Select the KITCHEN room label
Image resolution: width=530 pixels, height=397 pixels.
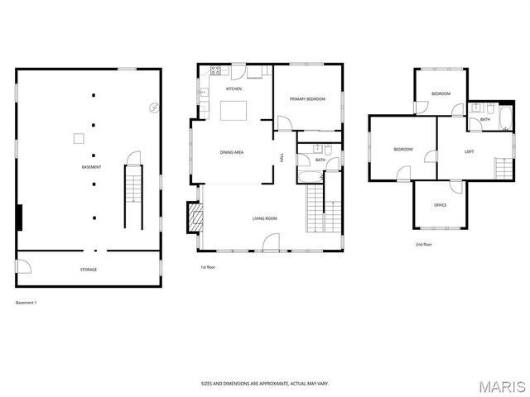(x=234, y=88)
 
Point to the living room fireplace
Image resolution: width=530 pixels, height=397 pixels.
(x=195, y=218)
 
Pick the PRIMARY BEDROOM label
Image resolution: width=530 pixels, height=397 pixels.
(x=307, y=99)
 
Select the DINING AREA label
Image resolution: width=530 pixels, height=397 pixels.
(x=231, y=152)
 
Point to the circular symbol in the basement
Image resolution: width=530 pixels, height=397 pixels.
(x=152, y=107)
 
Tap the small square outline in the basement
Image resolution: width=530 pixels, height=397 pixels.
(x=79, y=138)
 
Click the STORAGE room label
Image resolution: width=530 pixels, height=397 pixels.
(x=88, y=270)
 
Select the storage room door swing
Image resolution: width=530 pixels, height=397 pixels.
(x=24, y=266)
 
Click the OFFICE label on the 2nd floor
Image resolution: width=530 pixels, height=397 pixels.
(x=440, y=205)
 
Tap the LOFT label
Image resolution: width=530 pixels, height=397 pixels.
(x=469, y=151)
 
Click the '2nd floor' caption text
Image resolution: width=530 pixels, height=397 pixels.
(x=424, y=245)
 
